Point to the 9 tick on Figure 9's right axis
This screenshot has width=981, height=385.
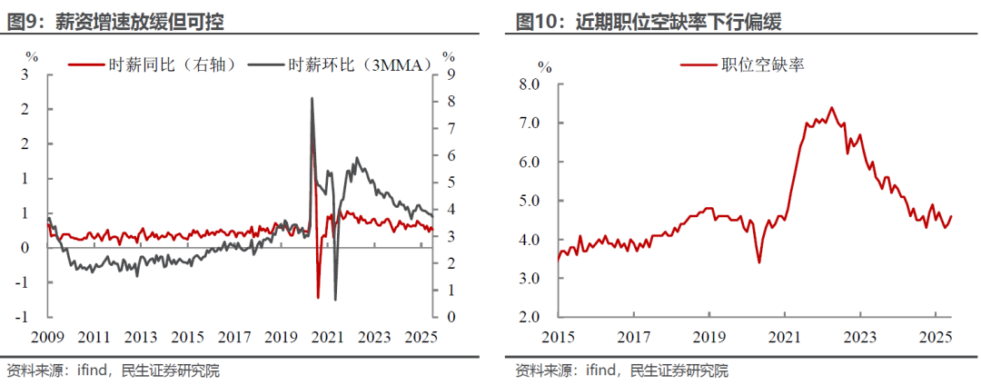pos(449,74)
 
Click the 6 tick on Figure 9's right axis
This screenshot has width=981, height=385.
pos(449,155)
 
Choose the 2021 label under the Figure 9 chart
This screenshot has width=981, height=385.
pos(327,337)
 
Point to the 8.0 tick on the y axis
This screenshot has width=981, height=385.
pos(530,84)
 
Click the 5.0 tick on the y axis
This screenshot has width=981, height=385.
pos(530,201)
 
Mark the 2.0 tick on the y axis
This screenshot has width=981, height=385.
pos(530,317)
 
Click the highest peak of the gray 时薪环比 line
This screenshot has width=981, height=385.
pos(312,98)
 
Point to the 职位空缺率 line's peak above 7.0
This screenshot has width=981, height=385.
pos(831,107)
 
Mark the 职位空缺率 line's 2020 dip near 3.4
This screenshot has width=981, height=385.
pos(758,262)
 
